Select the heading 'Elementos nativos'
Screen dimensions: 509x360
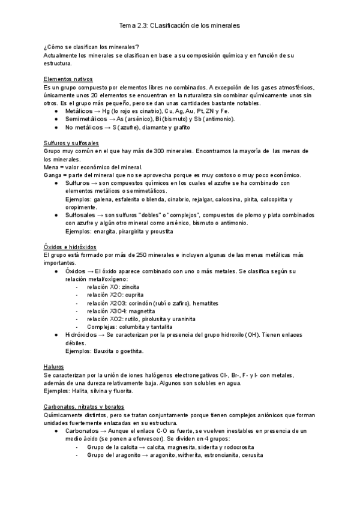68,79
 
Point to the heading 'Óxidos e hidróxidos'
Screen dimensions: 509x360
70,247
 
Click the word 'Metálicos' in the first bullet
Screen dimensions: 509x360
78,111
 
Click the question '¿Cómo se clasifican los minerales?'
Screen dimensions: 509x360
92,47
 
